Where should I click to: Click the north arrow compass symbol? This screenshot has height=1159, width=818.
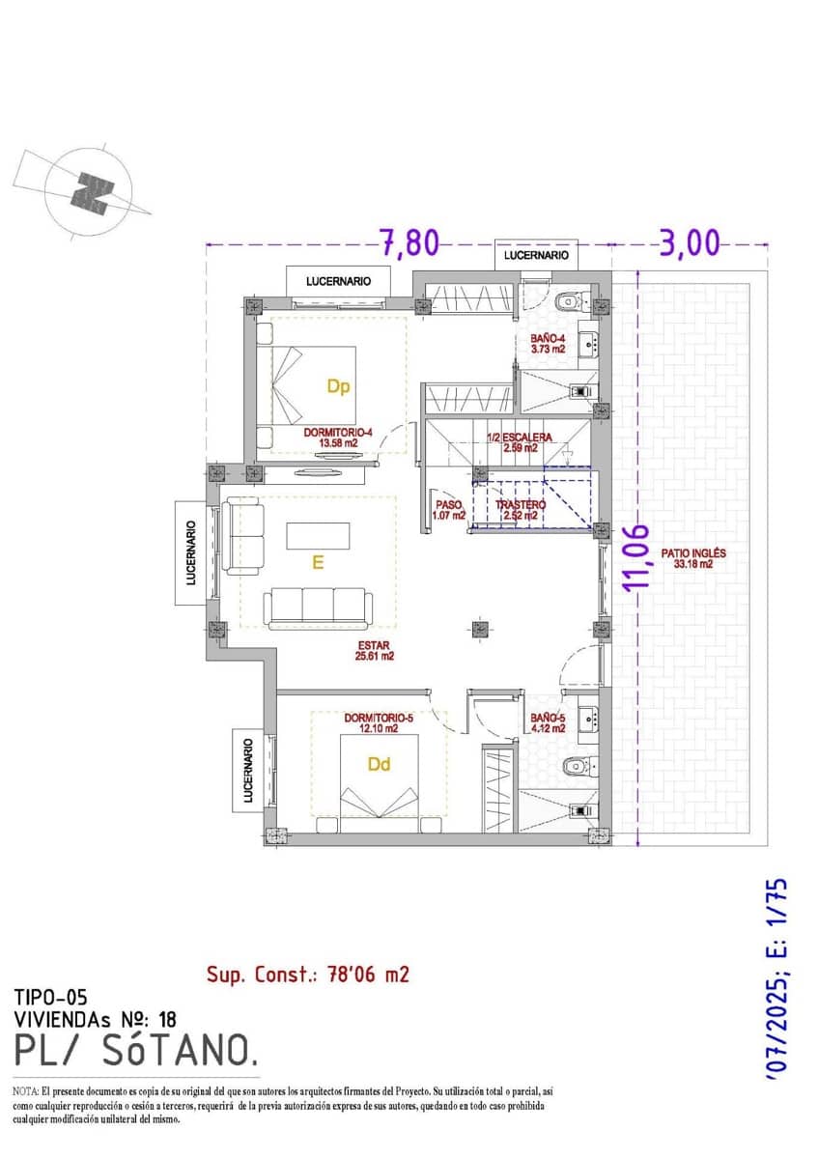click(90, 192)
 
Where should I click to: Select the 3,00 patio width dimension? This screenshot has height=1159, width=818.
click(690, 243)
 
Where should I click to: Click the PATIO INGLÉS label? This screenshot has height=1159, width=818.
click(692, 559)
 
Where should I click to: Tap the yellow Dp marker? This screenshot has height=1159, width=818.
click(337, 387)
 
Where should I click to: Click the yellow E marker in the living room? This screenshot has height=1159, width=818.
click(317, 563)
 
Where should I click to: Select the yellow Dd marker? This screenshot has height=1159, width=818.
click(380, 764)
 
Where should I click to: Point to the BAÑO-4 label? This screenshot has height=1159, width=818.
click(549, 344)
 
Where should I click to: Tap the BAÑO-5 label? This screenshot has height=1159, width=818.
click(548, 722)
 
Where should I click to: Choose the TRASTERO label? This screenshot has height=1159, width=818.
click(521, 510)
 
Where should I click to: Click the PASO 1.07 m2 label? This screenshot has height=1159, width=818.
click(450, 510)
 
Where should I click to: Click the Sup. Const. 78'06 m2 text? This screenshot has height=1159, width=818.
click(308, 974)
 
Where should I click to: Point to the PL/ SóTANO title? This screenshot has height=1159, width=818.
click(136, 1048)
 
